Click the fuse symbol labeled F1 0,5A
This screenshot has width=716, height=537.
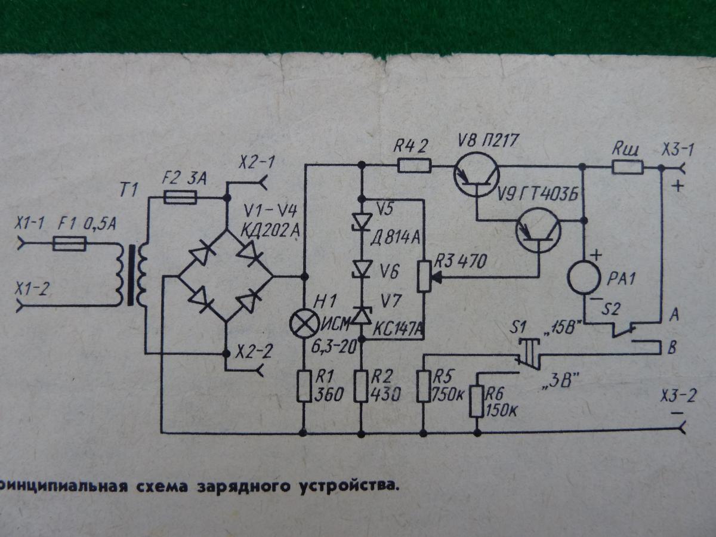70,243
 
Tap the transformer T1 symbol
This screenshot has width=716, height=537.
135,276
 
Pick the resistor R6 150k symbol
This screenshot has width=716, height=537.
477,400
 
